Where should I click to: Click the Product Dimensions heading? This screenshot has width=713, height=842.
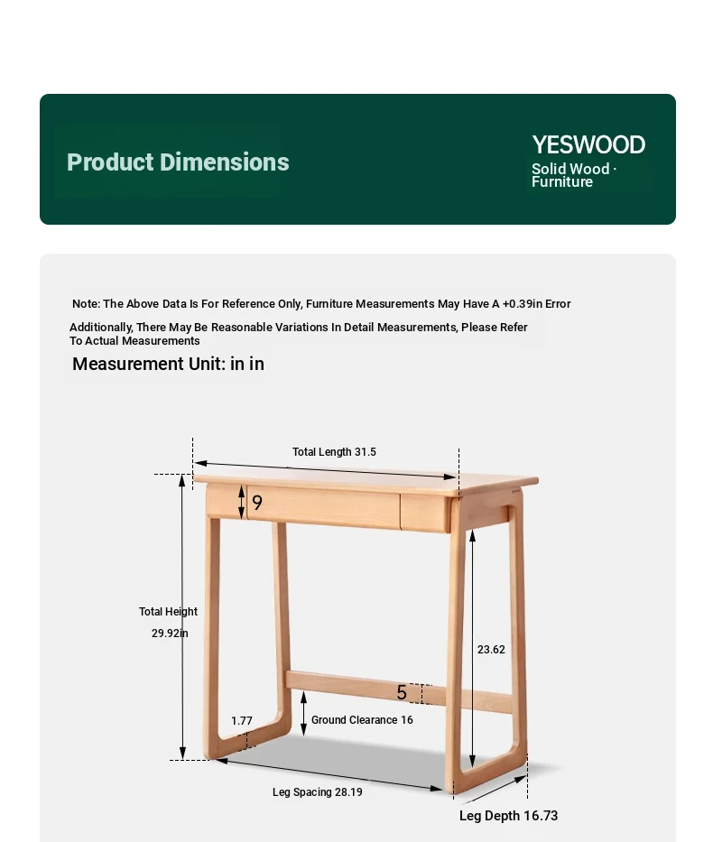(x=178, y=162)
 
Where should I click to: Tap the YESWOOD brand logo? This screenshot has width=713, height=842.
(x=588, y=145)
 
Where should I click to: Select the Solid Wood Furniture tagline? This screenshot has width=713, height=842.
(x=573, y=175)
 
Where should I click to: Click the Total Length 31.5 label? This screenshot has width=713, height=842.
(x=334, y=452)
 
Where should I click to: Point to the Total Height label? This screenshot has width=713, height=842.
(x=168, y=612)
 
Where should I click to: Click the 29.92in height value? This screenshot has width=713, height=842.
(x=170, y=634)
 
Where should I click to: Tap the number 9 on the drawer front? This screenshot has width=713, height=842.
(x=257, y=503)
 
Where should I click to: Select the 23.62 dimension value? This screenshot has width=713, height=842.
(x=491, y=650)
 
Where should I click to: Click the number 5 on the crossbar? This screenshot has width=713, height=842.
(x=402, y=693)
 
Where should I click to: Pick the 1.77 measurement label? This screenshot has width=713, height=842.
(x=242, y=721)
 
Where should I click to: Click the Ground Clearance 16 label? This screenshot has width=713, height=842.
(x=362, y=720)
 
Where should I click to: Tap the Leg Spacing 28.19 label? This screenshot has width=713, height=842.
(x=318, y=792)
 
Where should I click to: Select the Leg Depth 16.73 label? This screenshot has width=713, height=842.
(x=508, y=816)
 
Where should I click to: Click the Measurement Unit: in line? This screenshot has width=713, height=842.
(x=168, y=364)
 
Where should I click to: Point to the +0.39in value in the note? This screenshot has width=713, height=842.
(x=522, y=304)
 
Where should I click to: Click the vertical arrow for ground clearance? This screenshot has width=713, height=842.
(x=304, y=714)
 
